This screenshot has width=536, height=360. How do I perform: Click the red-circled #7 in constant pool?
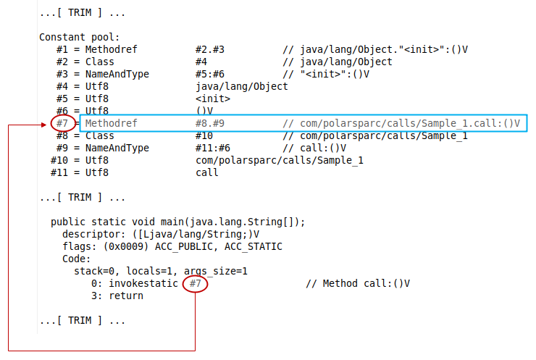(x=63, y=123)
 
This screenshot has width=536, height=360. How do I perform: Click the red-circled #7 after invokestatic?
(x=195, y=283)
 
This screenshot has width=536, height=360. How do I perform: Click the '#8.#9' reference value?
(x=210, y=123)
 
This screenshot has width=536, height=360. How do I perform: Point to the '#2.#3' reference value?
(x=210, y=49)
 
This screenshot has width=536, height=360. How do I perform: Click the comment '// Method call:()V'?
(x=358, y=283)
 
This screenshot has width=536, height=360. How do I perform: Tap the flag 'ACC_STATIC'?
(x=254, y=246)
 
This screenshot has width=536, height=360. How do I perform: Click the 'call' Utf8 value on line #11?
(x=207, y=172)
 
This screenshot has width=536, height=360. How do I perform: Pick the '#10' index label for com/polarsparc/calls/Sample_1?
(x=59, y=160)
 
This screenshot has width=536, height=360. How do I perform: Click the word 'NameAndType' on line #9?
(x=117, y=148)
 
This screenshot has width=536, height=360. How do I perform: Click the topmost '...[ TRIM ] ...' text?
(x=82, y=12)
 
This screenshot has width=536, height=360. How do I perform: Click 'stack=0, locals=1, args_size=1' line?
(x=161, y=271)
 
